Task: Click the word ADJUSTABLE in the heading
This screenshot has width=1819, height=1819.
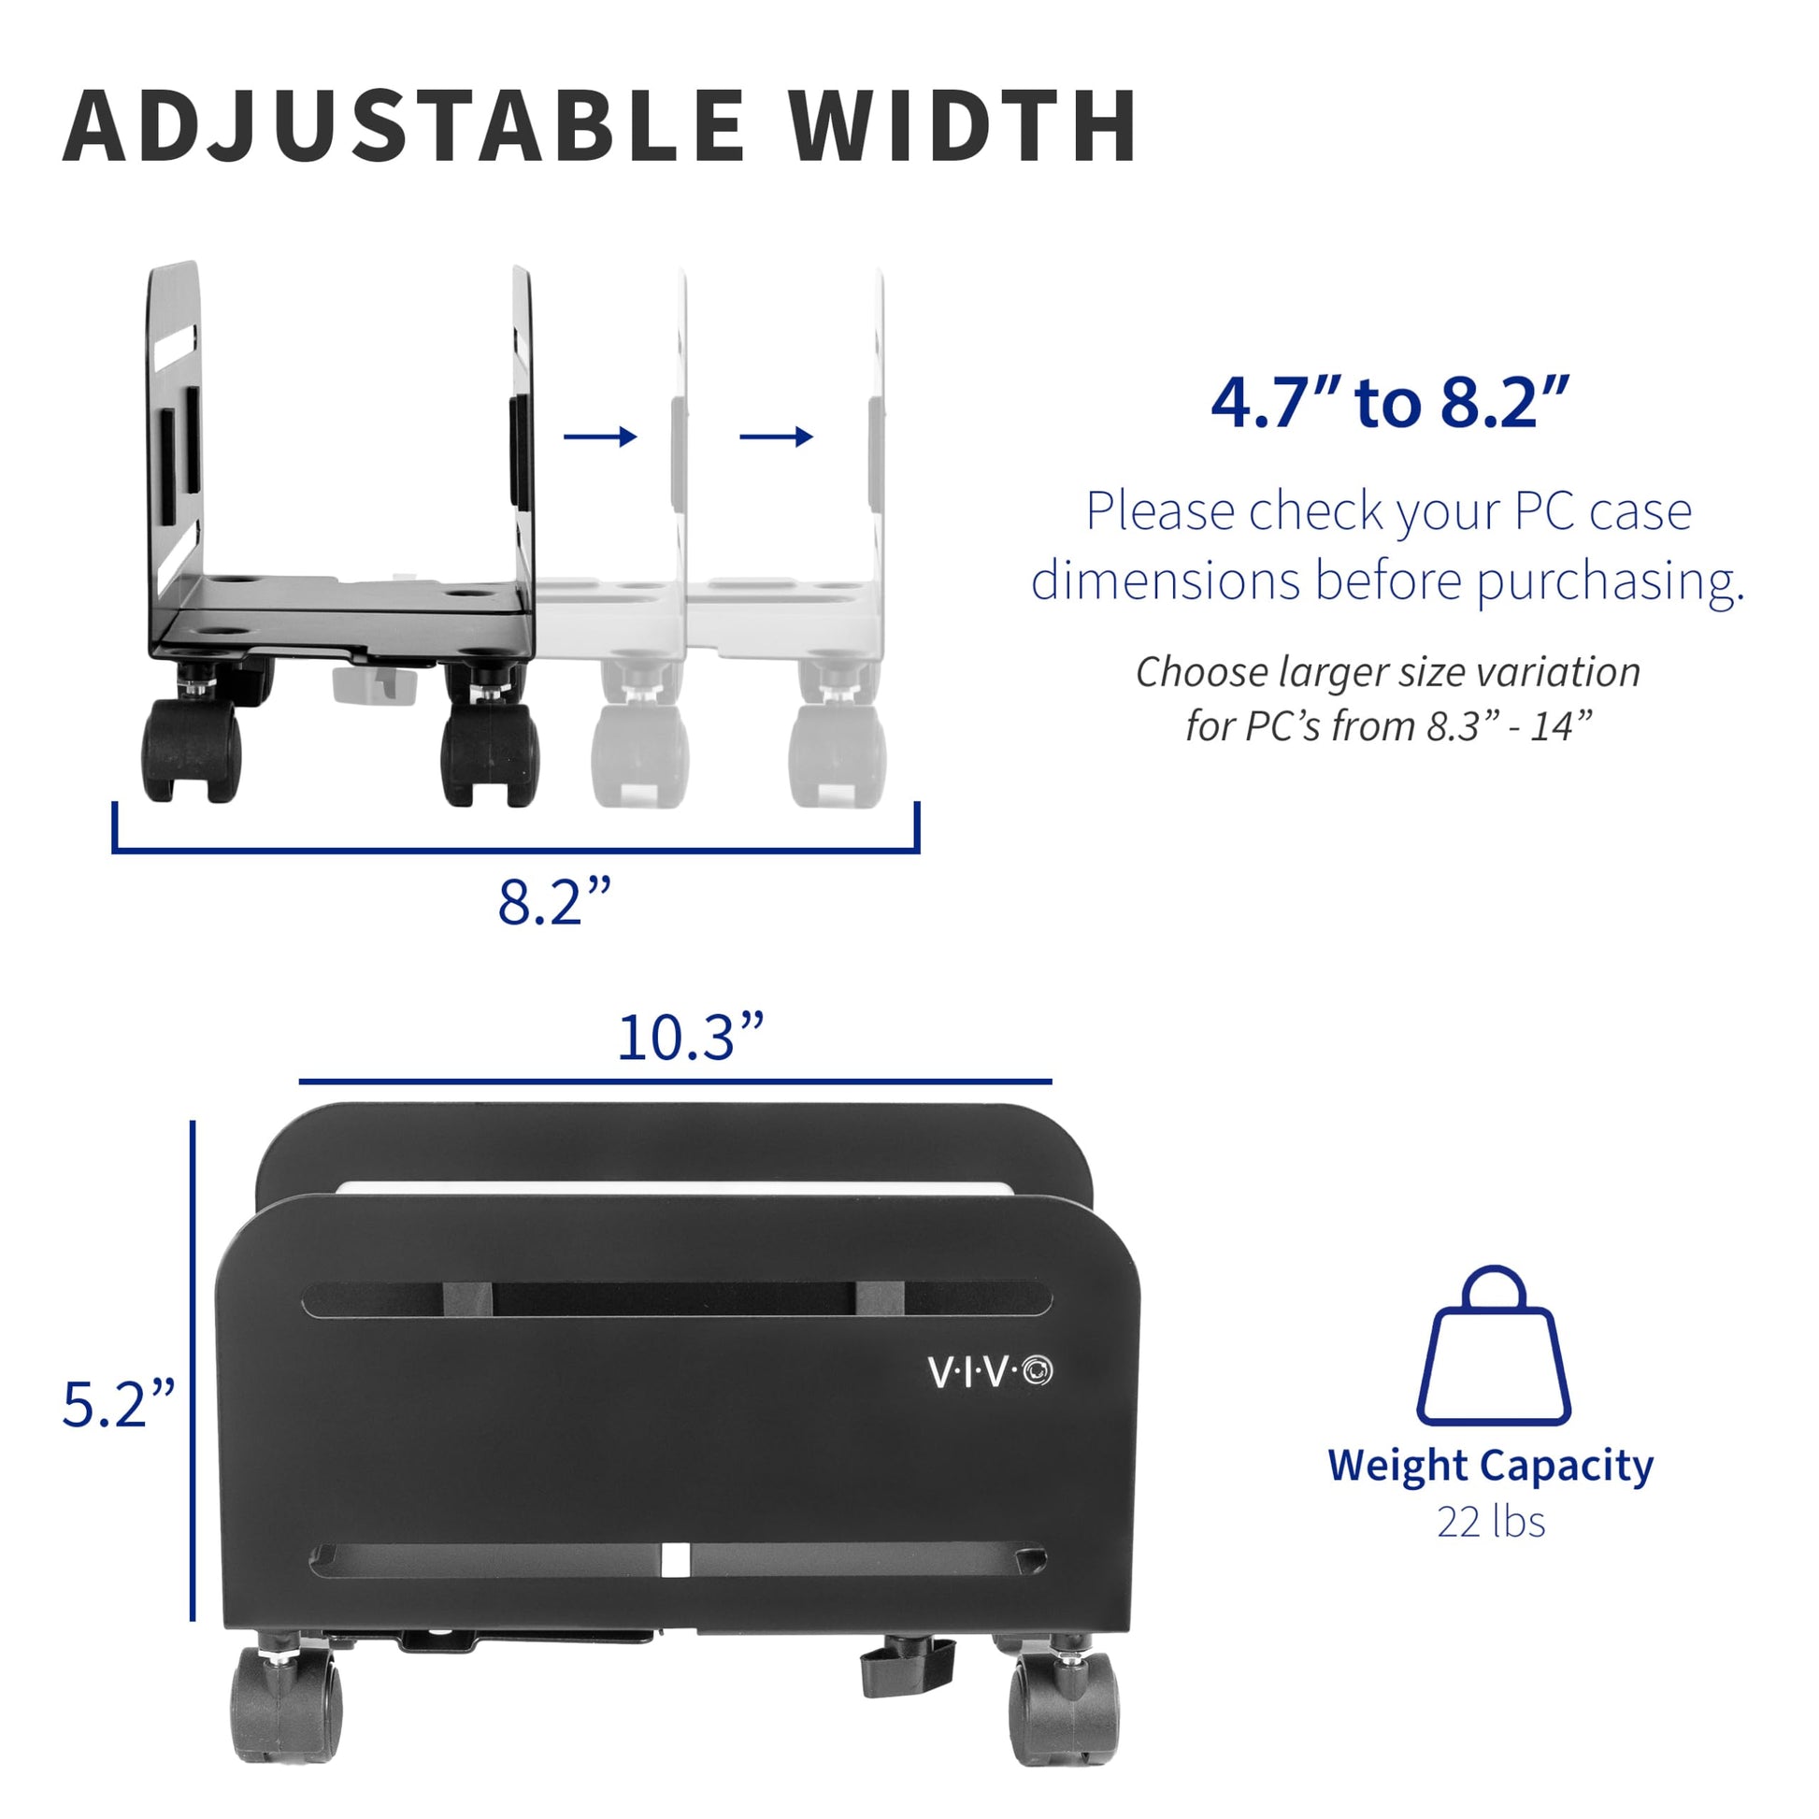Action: click(x=405, y=126)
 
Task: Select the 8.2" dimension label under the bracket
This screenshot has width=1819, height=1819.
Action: click(x=554, y=901)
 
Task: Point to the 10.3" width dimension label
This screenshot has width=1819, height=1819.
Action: click(x=689, y=1038)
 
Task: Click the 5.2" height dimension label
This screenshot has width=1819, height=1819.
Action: click(x=118, y=1404)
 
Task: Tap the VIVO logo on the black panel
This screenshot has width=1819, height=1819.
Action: click(x=991, y=1372)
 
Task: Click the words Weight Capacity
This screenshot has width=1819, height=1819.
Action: click(x=1490, y=1467)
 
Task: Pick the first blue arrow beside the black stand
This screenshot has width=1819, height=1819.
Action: click(x=601, y=436)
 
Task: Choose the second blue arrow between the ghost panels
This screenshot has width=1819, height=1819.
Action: click(x=777, y=436)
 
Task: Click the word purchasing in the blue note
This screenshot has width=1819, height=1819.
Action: click(x=1610, y=580)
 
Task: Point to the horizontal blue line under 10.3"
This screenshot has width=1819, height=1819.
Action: click(x=675, y=1081)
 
